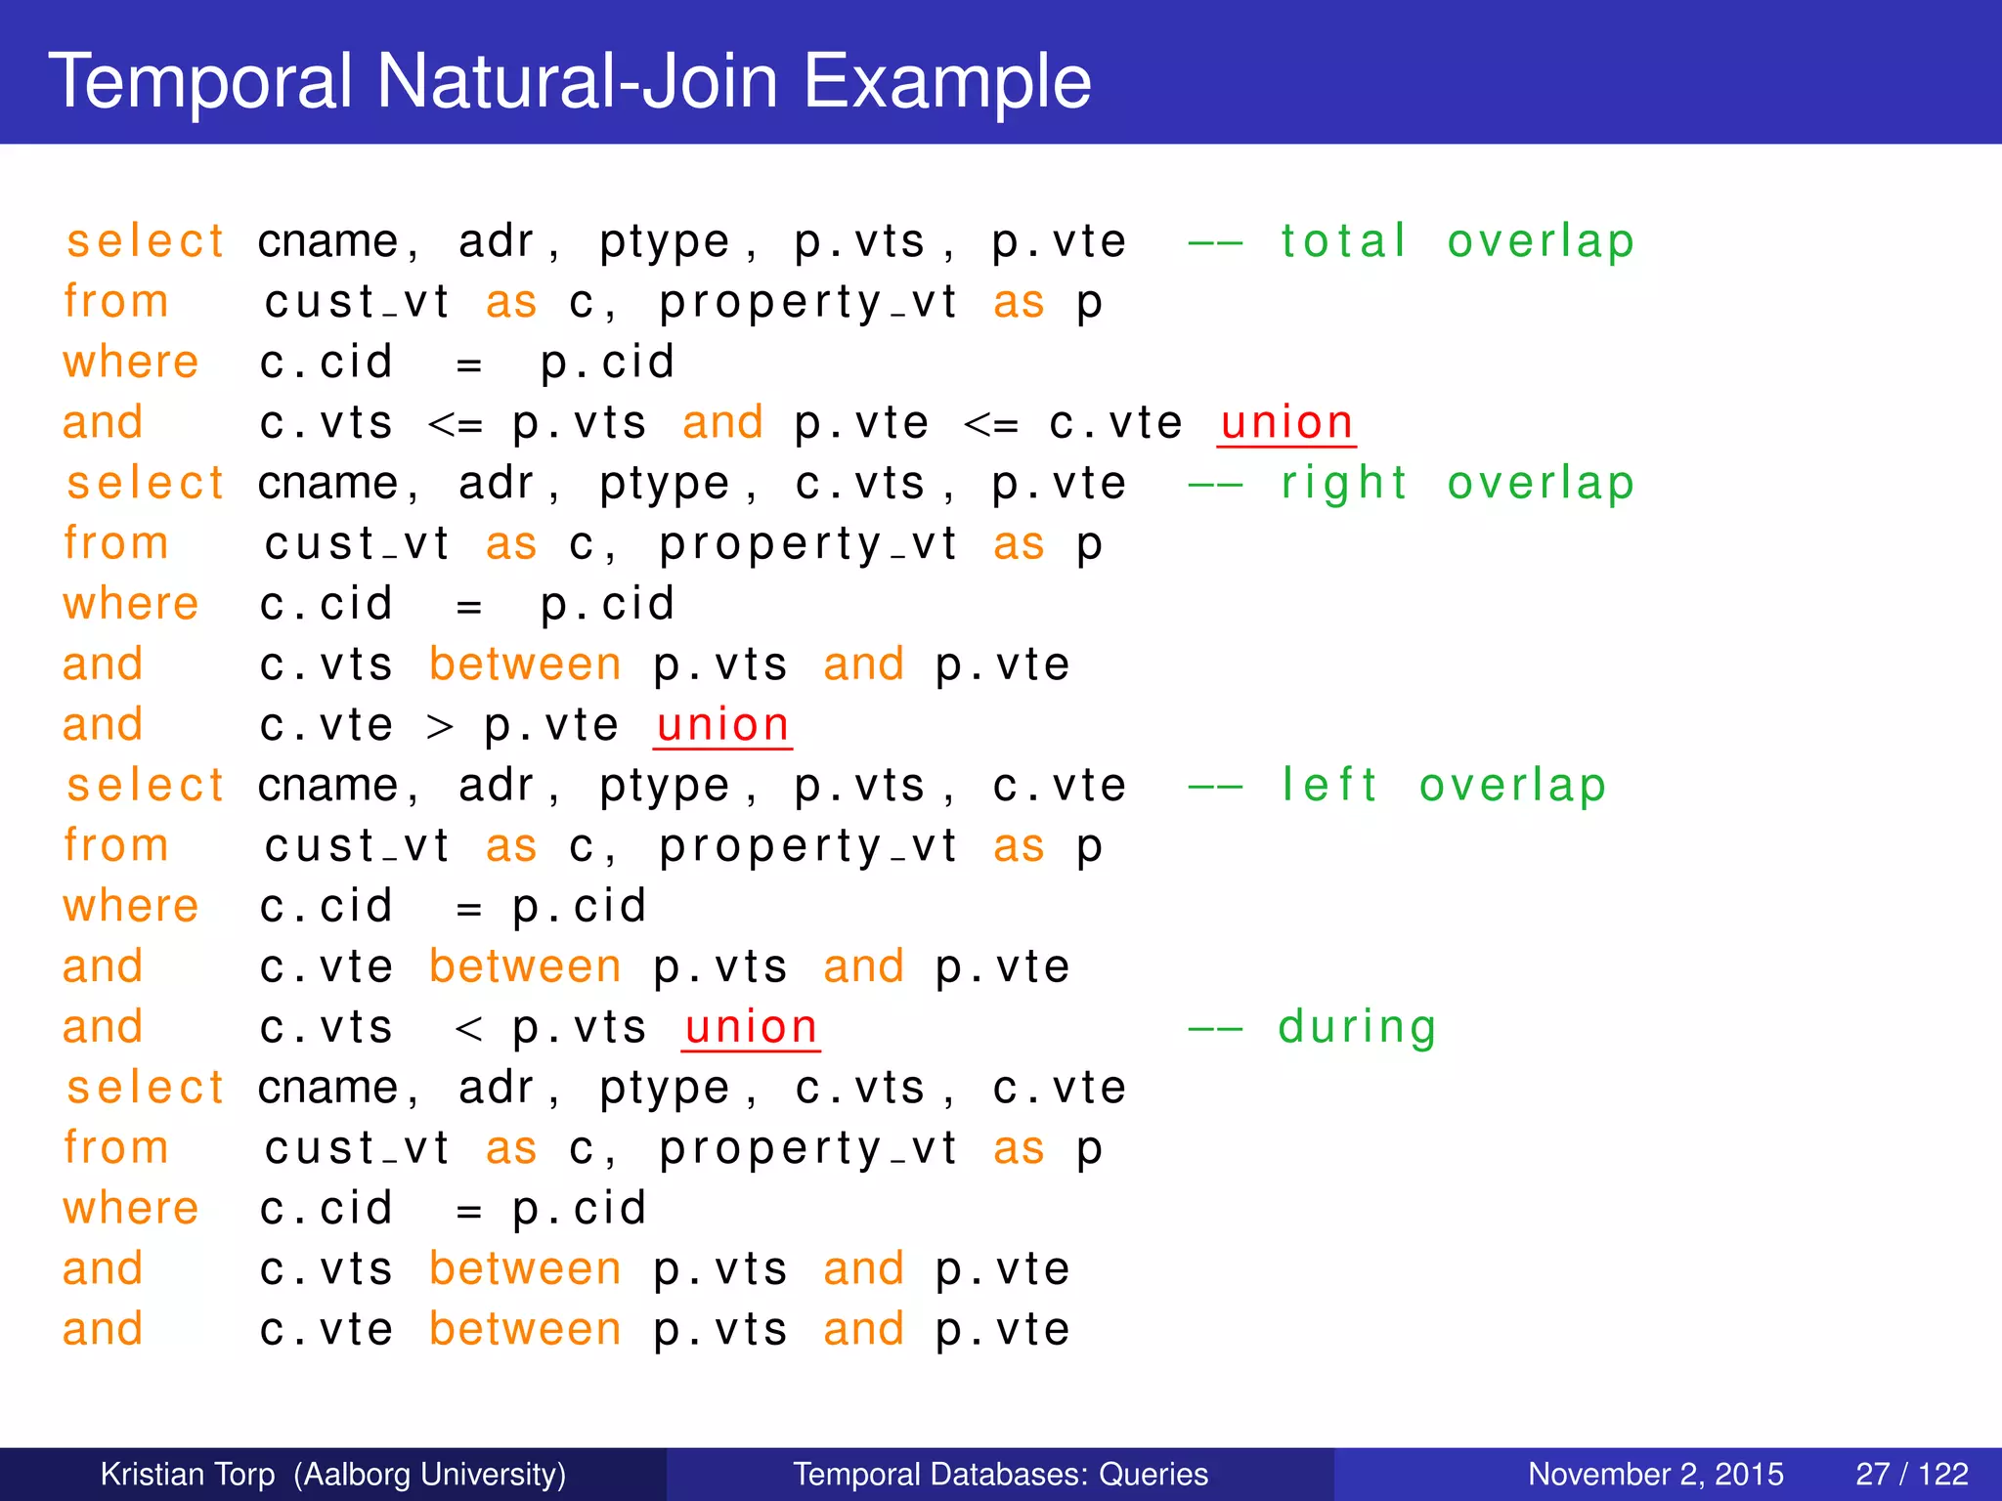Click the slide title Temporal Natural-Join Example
point(569,80)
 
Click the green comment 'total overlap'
point(1457,241)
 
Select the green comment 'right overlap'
point(1457,484)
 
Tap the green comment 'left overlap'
point(1443,786)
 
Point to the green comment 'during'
point(1357,1027)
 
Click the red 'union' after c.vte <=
point(1286,423)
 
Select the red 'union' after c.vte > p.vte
point(722,725)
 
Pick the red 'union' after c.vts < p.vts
point(751,1027)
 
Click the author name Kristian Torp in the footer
point(188,1474)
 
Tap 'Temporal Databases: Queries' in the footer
point(1000,1474)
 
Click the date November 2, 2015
point(1655,1474)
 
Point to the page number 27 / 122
point(1911,1474)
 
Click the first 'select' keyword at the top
point(146,241)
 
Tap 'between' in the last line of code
point(525,1330)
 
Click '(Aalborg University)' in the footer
point(430,1474)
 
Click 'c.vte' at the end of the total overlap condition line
point(1115,424)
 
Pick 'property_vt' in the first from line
point(807,303)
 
